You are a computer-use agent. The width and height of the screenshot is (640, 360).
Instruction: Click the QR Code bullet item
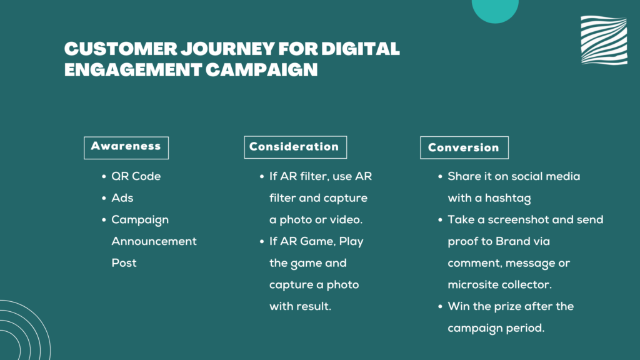click(136, 176)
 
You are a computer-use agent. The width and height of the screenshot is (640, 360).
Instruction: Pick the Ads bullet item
click(122, 198)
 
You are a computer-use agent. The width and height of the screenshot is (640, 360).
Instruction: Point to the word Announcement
click(154, 241)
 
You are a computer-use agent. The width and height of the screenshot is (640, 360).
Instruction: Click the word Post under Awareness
click(124, 263)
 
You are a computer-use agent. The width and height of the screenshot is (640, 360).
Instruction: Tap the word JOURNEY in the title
click(227, 49)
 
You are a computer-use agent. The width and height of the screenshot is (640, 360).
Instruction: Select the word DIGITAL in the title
click(361, 49)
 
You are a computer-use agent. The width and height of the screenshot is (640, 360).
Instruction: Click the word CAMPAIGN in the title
click(262, 70)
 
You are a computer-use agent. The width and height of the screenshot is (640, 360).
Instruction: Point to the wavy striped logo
click(604, 40)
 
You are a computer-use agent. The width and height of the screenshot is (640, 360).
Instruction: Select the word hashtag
click(507, 198)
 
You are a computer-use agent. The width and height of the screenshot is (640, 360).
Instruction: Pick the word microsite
click(468, 284)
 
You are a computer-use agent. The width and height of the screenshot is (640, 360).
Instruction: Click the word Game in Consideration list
click(317, 241)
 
